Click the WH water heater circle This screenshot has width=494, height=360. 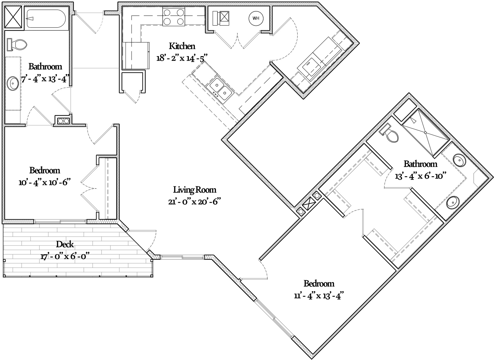click(256, 18)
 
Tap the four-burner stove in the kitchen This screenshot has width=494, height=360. click(174, 17)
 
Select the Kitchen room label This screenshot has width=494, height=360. click(182, 46)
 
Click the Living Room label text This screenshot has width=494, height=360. click(195, 190)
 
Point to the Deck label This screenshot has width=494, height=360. click(65, 244)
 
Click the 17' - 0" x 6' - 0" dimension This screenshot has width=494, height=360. click(65, 256)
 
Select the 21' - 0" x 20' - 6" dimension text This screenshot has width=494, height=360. click(195, 202)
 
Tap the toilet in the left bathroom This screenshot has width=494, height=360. click(17, 45)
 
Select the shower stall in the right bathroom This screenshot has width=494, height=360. click(426, 133)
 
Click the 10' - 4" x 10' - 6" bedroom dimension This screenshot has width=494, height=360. click(45, 182)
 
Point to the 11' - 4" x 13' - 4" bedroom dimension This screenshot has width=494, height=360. click(319, 296)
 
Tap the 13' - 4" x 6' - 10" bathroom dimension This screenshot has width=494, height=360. click(420, 176)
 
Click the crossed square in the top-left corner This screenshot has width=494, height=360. click(14, 16)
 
